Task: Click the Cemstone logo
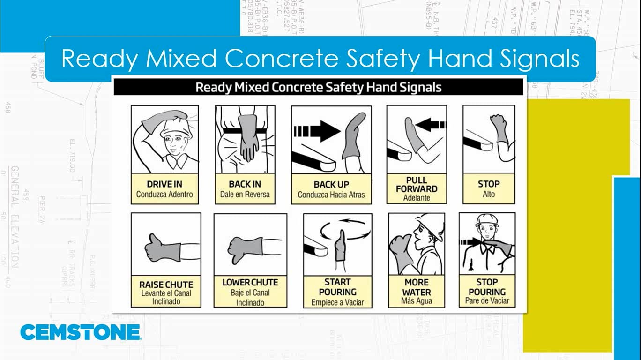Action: click(80, 332)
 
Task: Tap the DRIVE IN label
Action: click(164, 184)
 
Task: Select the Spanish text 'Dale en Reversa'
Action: click(245, 194)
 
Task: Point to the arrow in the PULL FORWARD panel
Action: click(431, 125)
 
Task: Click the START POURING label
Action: click(337, 286)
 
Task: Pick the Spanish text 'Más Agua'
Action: click(417, 301)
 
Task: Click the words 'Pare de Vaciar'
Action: click(487, 300)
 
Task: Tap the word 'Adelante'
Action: click(417, 197)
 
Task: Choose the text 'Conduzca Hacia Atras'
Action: click(331, 195)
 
